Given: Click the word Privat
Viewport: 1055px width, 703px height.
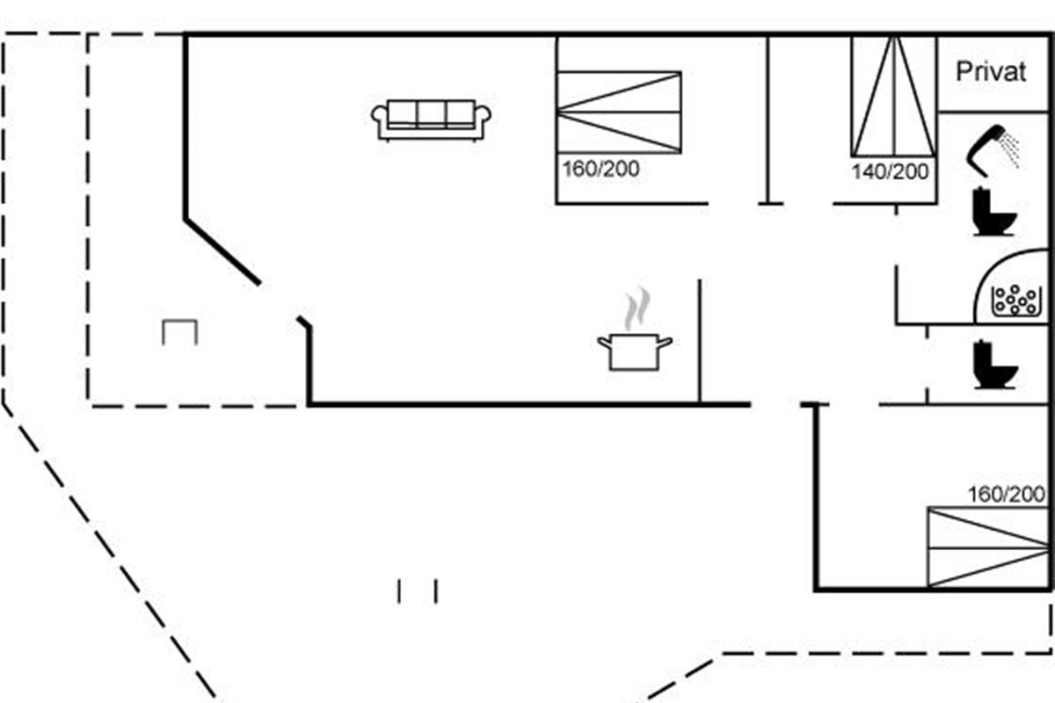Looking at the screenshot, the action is pos(991,72).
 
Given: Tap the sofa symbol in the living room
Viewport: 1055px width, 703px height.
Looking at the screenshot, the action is pos(431,120).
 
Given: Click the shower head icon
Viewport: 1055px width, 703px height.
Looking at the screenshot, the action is pos(993,149).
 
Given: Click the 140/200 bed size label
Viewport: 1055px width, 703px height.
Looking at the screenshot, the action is pos(890,172).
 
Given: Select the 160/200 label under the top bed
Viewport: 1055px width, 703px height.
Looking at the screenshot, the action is pos(601,169).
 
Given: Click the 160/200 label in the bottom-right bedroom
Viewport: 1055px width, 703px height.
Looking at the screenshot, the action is pos(1006,495).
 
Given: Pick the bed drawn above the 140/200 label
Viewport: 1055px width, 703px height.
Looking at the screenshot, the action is pos(894,97).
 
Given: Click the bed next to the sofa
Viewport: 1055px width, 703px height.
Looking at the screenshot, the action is pos(619,112).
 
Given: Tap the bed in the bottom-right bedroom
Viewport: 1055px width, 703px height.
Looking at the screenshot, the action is pos(988,547).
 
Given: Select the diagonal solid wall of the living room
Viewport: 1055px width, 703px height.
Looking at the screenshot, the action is pos(222,252).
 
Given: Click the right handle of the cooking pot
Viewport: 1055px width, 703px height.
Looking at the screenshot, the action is pos(665,343).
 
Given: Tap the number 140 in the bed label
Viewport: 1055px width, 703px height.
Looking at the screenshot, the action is pos(868,172).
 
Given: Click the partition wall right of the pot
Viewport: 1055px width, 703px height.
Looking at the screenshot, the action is pos(700,341).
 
